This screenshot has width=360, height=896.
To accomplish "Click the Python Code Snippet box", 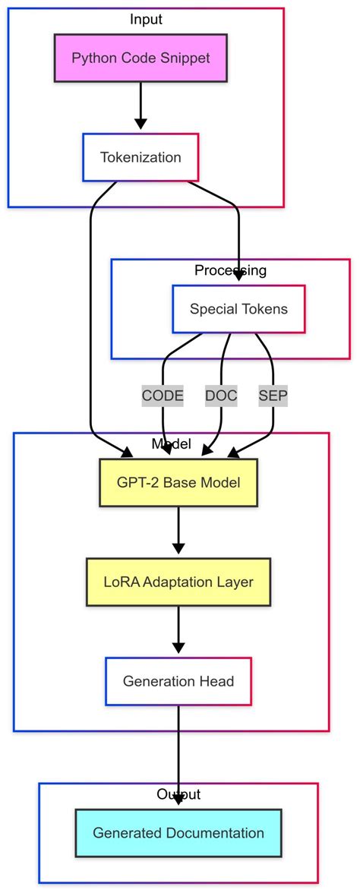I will pyautogui.click(x=141, y=58).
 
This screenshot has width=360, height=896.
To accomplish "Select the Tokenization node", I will pyautogui.click(x=141, y=158).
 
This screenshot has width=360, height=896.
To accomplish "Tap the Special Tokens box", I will pyautogui.click(x=238, y=309).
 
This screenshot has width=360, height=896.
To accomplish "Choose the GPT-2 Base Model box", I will pyautogui.click(x=178, y=483).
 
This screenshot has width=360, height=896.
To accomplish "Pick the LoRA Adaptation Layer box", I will pyautogui.click(x=178, y=582).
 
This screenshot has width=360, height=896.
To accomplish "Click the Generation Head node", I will pyautogui.click(x=178, y=681).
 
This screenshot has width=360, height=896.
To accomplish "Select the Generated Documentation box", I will pyautogui.click(x=178, y=833).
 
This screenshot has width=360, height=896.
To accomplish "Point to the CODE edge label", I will pyautogui.click(x=163, y=396).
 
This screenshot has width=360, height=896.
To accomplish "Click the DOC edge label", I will pyautogui.click(x=221, y=396).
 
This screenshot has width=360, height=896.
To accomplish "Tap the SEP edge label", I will pyautogui.click(x=273, y=396).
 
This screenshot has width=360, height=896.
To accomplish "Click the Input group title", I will pyautogui.click(x=146, y=19).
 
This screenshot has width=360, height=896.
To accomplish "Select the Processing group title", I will pyautogui.click(x=230, y=270).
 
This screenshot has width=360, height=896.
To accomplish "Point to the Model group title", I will pyautogui.click(x=172, y=444).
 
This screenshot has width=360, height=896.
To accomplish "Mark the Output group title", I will pyautogui.click(x=178, y=794).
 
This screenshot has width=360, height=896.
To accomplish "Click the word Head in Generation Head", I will pyautogui.click(x=218, y=681).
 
